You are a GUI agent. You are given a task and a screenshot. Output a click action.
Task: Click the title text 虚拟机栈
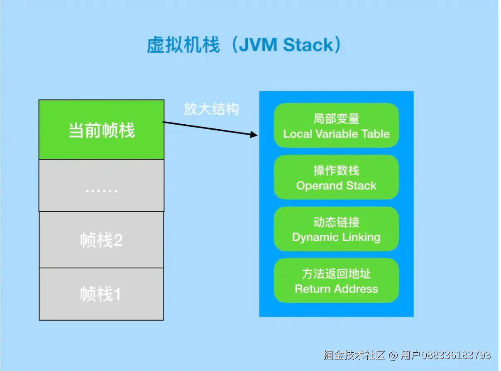point(183,45)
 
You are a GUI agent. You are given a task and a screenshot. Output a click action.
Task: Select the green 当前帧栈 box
point(101,130)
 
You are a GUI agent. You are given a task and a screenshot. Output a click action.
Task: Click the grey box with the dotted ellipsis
point(101,186)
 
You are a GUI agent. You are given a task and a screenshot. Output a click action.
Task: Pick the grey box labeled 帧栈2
point(101,240)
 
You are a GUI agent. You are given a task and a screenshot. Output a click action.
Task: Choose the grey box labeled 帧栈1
point(101,294)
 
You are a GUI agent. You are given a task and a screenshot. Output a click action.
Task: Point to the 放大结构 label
point(211,109)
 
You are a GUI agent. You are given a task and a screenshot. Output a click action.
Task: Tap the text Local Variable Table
point(336,134)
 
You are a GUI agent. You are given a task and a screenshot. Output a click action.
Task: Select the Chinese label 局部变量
point(336,119)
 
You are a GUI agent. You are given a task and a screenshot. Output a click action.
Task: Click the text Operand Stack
point(336,186)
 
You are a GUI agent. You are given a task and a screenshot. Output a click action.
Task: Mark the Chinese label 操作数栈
point(336,170)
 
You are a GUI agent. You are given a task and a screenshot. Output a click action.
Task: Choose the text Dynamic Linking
point(336,237)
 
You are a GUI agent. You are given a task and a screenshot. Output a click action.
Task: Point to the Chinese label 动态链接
point(336,222)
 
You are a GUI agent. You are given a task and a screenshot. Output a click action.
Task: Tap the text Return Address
point(336,289)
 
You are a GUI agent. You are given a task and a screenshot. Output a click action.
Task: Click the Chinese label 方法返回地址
point(336,274)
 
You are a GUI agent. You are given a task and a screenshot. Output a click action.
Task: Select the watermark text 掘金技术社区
point(354,355)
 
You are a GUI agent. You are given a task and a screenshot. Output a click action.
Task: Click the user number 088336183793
point(456,355)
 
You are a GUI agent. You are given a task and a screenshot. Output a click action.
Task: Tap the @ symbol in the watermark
point(393,355)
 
